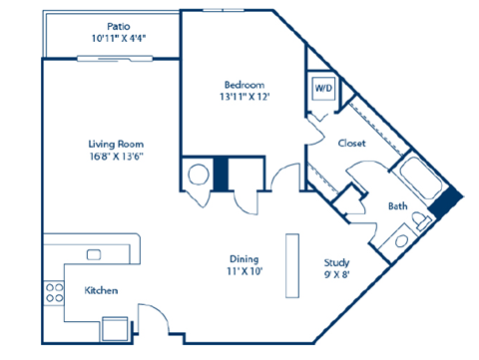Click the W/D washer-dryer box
click(323, 88)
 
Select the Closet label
click(351, 143)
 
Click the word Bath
click(397, 206)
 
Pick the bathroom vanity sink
click(401, 239)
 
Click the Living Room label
click(110, 144)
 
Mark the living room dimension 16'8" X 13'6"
click(110, 158)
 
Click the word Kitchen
click(102, 290)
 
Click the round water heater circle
click(197, 174)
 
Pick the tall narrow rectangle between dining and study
click(292, 260)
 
